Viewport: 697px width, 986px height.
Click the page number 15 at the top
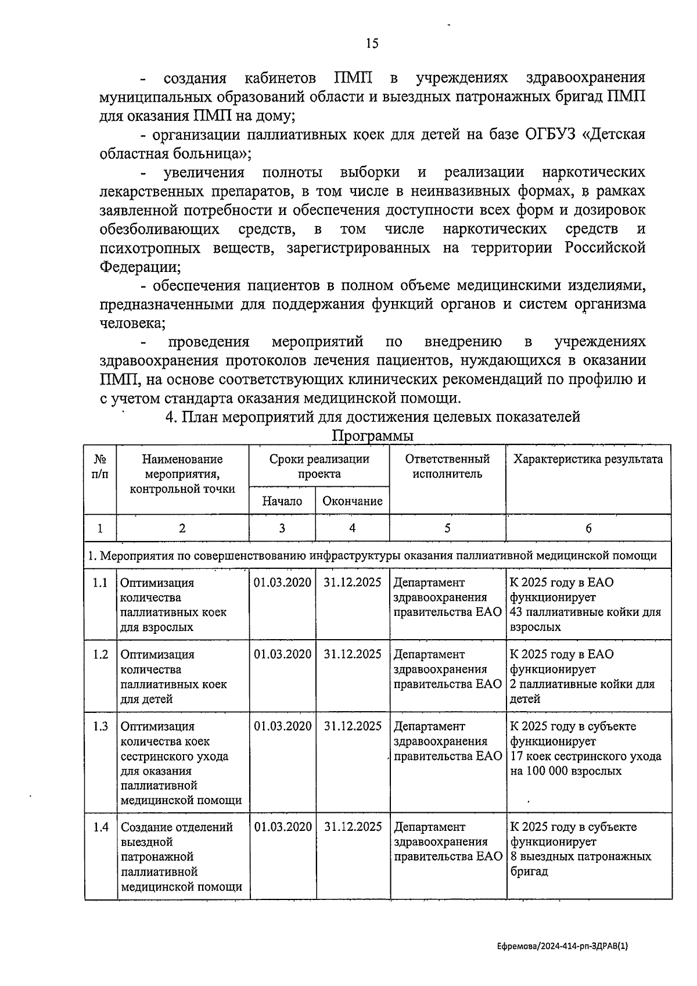(x=372, y=43)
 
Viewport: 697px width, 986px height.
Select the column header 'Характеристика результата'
(x=588, y=459)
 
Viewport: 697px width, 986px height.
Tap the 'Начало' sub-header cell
(x=282, y=501)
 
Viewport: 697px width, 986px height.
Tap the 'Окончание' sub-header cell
(x=352, y=501)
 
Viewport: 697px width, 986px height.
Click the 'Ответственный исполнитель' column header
(x=447, y=466)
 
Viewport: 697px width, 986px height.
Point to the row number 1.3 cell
(x=100, y=726)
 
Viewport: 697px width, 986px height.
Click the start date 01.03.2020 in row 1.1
(x=282, y=583)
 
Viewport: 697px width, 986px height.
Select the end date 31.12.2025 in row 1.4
(x=353, y=827)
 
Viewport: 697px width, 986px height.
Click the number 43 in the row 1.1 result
(x=517, y=612)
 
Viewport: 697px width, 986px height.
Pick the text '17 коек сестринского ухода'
(x=585, y=756)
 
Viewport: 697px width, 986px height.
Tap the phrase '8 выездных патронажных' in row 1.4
(x=581, y=856)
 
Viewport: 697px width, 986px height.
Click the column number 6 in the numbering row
(x=588, y=528)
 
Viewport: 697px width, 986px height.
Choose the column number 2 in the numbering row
(x=182, y=528)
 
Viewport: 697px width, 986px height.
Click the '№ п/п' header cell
(x=100, y=466)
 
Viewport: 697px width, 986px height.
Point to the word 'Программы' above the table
(x=372, y=436)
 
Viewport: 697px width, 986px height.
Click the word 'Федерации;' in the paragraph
(x=140, y=267)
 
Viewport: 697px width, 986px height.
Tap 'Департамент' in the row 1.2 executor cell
(x=429, y=655)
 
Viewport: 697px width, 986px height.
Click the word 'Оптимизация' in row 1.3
(x=157, y=727)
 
